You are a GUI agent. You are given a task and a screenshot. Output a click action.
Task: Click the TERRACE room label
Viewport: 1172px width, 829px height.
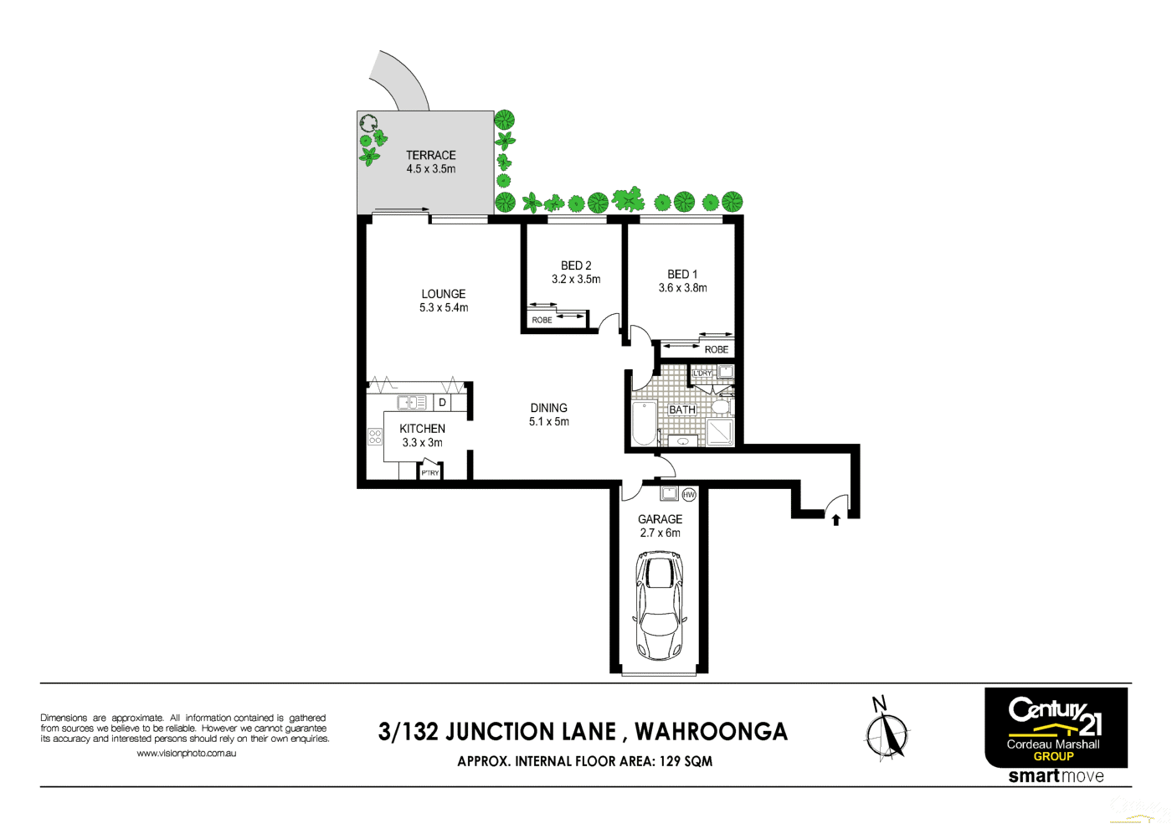430,155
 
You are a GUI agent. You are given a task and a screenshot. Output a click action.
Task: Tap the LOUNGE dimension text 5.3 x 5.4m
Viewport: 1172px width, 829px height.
444,308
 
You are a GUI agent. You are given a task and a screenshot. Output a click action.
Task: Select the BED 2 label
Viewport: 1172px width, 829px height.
576,265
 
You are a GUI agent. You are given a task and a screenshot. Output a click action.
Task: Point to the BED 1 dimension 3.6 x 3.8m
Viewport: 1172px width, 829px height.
682,288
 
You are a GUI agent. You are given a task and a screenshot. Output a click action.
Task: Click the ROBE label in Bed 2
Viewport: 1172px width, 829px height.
542,320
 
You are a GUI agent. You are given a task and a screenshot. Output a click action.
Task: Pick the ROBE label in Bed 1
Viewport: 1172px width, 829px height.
716,349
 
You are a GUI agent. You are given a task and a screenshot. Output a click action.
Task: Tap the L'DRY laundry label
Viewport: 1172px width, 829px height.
702,373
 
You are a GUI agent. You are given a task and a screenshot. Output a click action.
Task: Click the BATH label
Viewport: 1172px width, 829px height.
681,409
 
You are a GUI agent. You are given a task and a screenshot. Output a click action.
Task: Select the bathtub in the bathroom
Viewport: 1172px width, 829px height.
644,423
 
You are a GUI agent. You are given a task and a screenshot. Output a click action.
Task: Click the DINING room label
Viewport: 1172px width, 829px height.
548,408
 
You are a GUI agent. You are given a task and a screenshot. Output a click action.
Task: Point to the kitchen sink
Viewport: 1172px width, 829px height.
412,403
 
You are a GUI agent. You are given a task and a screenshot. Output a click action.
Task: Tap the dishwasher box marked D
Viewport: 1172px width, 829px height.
442,403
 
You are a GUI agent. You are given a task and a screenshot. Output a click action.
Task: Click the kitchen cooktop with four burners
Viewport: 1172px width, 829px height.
375,436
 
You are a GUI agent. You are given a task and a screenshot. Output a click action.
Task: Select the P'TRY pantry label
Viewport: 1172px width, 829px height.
430,473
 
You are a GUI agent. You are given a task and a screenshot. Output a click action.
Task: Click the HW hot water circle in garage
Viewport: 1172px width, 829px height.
689,494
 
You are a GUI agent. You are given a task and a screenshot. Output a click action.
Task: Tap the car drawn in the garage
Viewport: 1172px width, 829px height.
660,605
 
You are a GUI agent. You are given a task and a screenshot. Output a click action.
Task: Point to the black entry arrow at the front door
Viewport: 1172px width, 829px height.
835,520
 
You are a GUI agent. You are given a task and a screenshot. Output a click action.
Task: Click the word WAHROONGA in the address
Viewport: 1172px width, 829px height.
711,732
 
